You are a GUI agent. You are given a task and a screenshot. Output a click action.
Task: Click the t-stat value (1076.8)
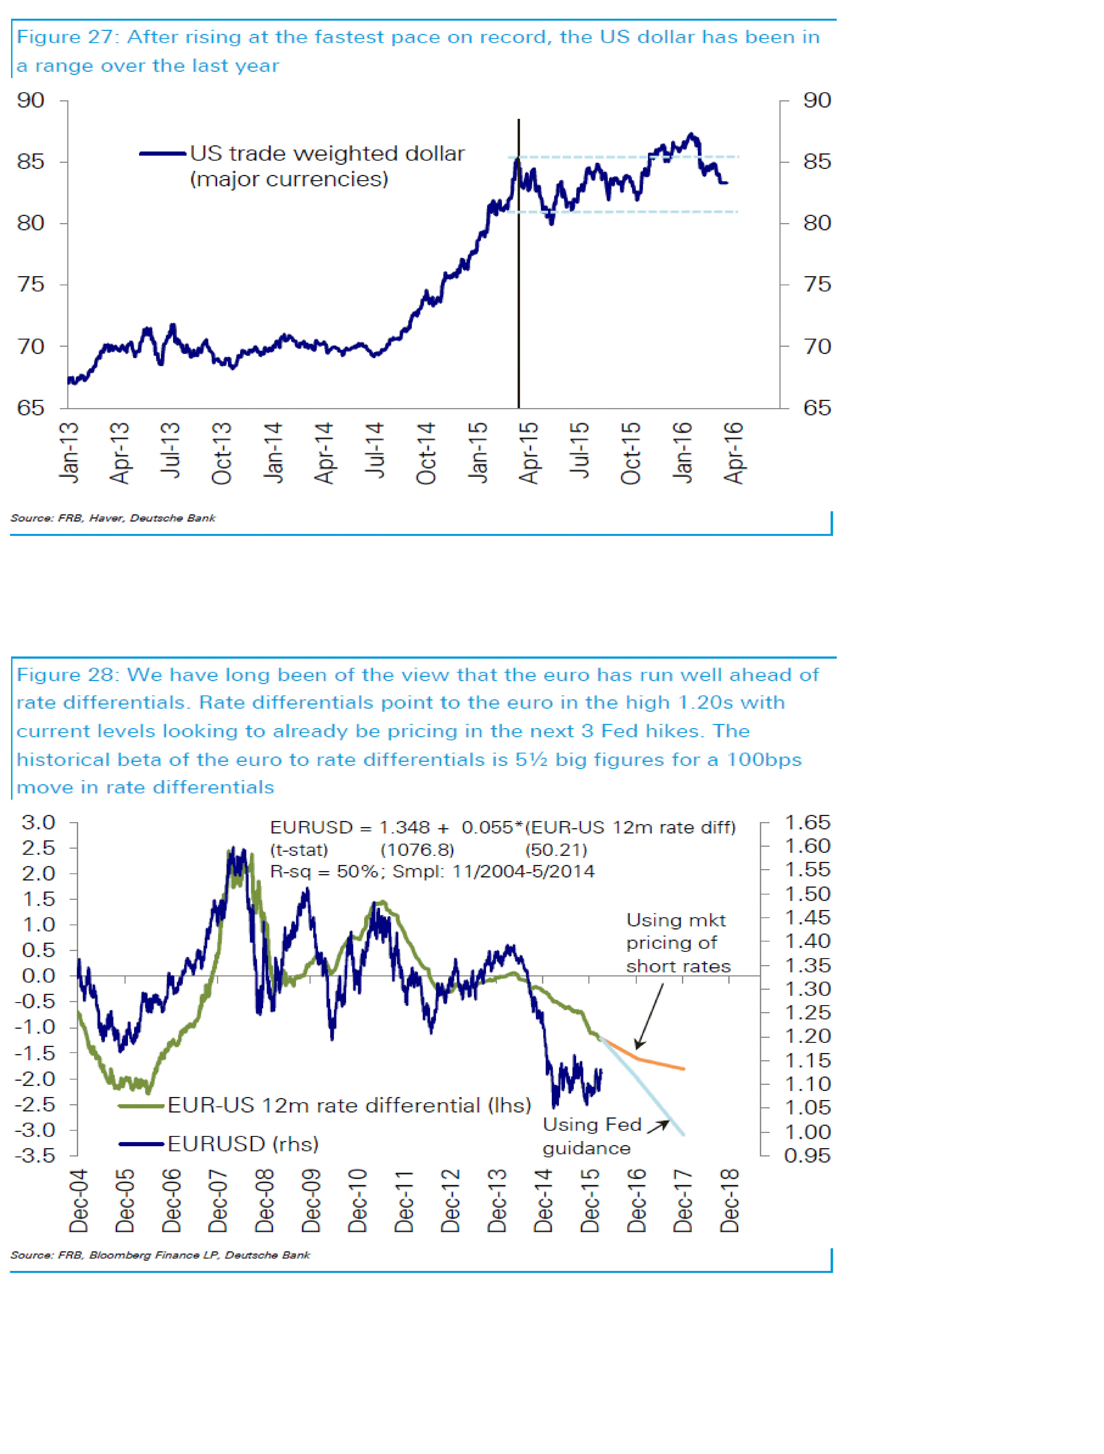pyautogui.click(x=417, y=850)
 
